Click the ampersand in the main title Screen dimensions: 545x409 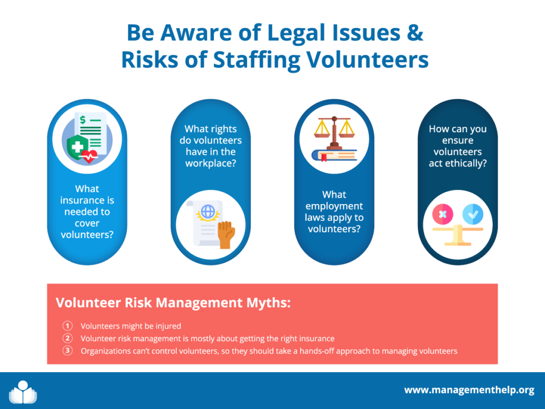[415, 32]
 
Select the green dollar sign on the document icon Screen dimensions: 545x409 [82, 120]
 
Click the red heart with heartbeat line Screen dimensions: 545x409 [89, 156]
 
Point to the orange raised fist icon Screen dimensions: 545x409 [226, 235]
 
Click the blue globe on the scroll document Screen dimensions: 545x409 [208, 211]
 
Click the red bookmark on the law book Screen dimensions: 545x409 [324, 158]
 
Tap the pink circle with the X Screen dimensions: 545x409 [442, 214]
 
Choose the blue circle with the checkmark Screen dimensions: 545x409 [473, 214]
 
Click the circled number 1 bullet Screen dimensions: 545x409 [68, 326]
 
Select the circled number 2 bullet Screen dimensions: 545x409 [68, 338]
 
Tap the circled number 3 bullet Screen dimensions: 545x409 [68, 350]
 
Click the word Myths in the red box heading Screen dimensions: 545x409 [268, 303]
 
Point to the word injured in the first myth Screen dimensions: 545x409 [168, 326]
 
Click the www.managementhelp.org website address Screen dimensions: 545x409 [469, 390]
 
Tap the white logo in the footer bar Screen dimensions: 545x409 [23, 392]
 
